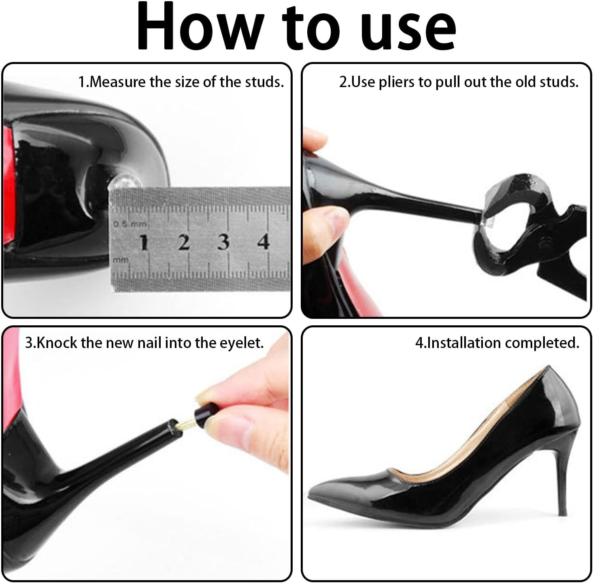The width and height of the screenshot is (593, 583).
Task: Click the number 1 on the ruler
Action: [143, 243]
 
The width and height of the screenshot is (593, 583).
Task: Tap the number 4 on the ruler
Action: [264, 242]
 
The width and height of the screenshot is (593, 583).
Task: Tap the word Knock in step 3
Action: [57, 343]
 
